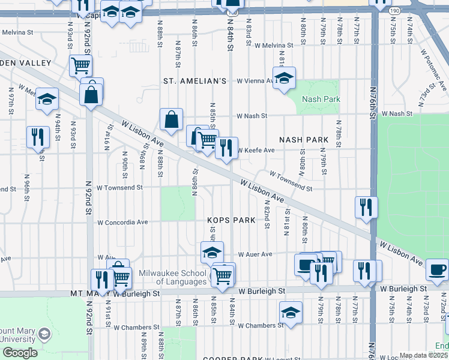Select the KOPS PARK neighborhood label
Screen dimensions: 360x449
click(x=228, y=221)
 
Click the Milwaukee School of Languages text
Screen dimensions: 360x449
click(x=173, y=277)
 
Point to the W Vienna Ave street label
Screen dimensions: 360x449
click(x=255, y=80)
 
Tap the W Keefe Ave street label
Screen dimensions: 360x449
click(x=256, y=151)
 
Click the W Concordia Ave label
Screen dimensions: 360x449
click(x=123, y=222)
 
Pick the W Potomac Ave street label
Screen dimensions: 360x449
click(x=434, y=70)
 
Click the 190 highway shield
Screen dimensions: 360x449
click(x=394, y=11)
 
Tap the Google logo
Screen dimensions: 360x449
click(x=19, y=353)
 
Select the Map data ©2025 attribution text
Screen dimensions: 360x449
click(x=424, y=355)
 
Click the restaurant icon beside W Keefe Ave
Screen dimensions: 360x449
click(x=226, y=148)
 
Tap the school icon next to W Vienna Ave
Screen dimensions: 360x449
click(x=285, y=77)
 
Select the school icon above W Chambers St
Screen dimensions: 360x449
click(x=291, y=312)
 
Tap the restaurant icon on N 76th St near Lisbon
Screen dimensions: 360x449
click(x=366, y=208)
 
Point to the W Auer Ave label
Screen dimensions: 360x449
click(x=255, y=254)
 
